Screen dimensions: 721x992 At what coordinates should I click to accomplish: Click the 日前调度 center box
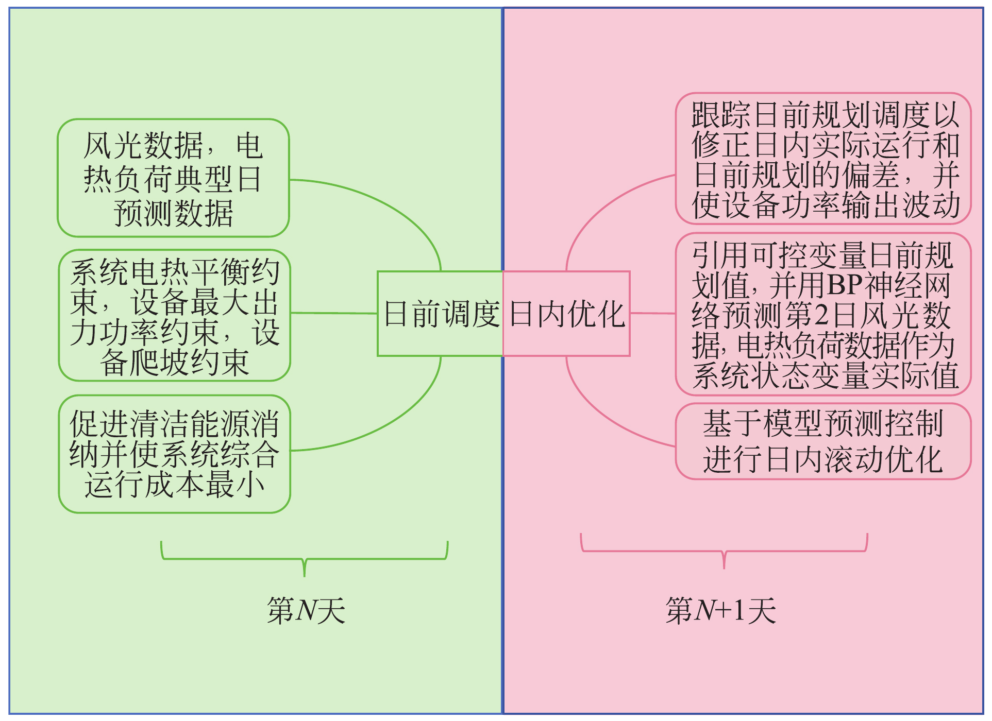[x=441, y=314]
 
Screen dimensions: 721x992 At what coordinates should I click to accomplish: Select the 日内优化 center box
[x=567, y=314]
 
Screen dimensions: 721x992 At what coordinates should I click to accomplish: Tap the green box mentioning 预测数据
[x=173, y=178]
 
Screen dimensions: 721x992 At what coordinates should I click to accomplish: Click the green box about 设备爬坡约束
[x=175, y=315]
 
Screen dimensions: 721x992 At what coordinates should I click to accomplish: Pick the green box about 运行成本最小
[x=175, y=454]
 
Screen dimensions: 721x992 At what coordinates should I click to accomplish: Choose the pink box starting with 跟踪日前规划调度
[x=823, y=159]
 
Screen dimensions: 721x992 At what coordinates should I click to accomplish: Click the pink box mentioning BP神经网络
[x=823, y=314]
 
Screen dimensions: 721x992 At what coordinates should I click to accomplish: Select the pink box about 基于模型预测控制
[x=823, y=441]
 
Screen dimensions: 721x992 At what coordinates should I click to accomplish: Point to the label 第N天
[x=306, y=611]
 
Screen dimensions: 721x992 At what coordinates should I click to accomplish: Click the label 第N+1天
[x=720, y=611]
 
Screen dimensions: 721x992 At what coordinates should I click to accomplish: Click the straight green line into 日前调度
[x=334, y=313]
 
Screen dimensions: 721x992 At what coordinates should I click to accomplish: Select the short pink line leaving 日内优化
[x=652, y=313]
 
